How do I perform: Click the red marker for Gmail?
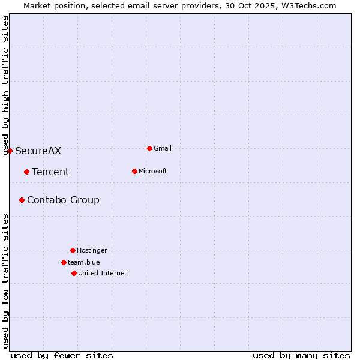pyautogui.click(x=149, y=148)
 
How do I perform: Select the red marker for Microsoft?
pyautogui.click(x=134, y=171)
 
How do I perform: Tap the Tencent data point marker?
pyautogui.click(x=26, y=172)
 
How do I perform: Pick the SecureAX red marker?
pyautogui.click(x=10, y=151)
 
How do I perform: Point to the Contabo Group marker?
pyautogui.click(x=22, y=200)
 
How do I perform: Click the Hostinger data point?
pyautogui.click(x=73, y=250)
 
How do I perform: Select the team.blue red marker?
pyautogui.click(x=64, y=262)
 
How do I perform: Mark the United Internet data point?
pyautogui.click(x=74, y=273)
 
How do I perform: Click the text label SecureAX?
pyautogui.click(x=38, y=151)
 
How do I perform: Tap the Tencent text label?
pyautogui.click(x=50, y=172)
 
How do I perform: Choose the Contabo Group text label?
pyautogui.click(x=63, y=200)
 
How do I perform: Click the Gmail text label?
pyautogui.click(x=163, y=148)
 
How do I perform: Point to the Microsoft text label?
pyautogui.click(x=152, y=171)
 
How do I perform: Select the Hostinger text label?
pyautogui.click(x=92, y=250)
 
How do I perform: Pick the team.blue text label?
pyautogui.click(x=84, y=262)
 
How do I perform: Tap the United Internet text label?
pyautogui.click(x=102, y=273)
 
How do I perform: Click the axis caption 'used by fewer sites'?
pyautogui.click(x=62, y=355)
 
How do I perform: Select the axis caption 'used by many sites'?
pyautogui.click(x=301, y=355)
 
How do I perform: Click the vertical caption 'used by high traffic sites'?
pyautogui.click(x=5, y=85)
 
